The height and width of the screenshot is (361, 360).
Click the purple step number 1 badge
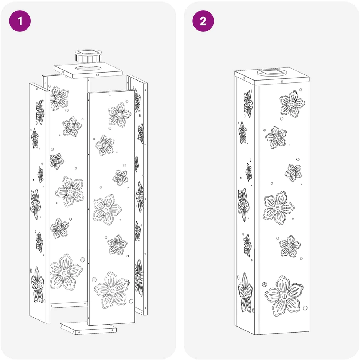tap(20, 21)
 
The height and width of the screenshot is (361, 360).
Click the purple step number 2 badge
tap(203, 21)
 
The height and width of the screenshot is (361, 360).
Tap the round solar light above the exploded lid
tap(88, 56)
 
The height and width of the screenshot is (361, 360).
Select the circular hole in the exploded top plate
tap(89, 69)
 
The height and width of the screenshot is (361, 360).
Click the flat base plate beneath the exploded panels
tap(88, 328)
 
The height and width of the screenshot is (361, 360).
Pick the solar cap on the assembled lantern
tap(272, 73)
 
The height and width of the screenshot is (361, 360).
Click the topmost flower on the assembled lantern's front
tap(292, 104)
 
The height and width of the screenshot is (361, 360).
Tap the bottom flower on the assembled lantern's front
tap(284, 296)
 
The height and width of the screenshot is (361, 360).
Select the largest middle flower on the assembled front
tap(279, 207)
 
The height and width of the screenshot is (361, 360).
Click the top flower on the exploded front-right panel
tap(120, 115)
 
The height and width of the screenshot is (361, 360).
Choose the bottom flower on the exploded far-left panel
tap(37, 285)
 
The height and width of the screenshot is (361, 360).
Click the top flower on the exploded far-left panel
tap(40, 113)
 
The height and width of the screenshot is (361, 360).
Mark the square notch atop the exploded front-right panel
tap(110, 94)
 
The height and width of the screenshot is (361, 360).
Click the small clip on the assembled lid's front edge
tap(282, 81)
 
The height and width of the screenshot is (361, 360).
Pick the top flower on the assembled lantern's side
tap(248, 104)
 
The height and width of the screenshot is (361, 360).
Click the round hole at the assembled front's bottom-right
tap(305, 308)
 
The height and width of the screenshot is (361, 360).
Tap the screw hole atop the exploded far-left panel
tap(37, 88)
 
